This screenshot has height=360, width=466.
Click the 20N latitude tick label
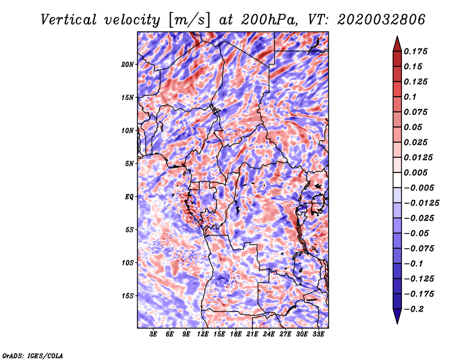tap(128, 64)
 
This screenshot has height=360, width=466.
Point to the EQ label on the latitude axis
tap(129, 197)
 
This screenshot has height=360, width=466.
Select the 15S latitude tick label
tap(128, 296)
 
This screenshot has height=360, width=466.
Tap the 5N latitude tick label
tap(129, 164)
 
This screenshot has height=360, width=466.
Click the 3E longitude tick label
tap(153, 334)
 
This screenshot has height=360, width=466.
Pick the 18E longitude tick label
tap(236, 334)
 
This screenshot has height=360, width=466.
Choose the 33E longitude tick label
tap(318, 334)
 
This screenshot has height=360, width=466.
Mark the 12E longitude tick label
tap(203, 334)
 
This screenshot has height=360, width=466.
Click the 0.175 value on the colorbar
tap(415, 51)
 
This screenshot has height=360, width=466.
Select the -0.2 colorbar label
tap(414, 309)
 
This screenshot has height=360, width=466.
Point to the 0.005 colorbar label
tap(415, 172)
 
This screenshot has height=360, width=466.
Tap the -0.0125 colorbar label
tap(421, 203)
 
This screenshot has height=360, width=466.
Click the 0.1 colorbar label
tap(410, 97)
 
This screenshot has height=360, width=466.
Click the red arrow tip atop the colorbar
tap(397, 37)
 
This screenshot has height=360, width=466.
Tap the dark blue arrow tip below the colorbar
tap(397, 323)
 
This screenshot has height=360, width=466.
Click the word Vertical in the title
tap(69, 20)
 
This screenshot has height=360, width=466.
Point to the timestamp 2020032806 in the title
tap(382, 20)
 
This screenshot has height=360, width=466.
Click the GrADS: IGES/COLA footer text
tap(33, 355)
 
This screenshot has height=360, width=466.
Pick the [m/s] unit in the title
tap(189, 20)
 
